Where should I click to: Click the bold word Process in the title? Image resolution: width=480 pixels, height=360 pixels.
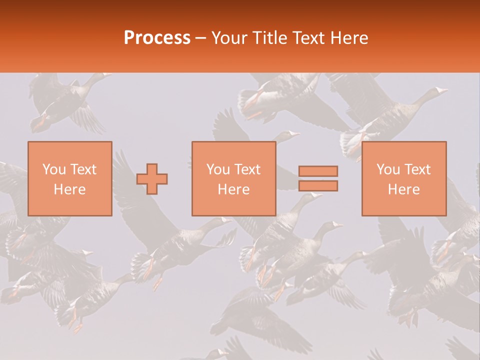click(x=157, y=38)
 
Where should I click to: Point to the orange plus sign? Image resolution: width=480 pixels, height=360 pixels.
click(x=152, y=179)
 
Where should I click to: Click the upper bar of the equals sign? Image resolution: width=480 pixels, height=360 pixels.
click(x=318, y=171)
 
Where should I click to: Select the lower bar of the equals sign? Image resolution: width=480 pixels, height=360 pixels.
click(x=318, y=186)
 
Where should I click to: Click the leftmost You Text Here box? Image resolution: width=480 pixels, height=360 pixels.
click(x=69, y=178)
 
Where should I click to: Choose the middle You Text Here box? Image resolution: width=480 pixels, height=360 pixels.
click(x=233, y=178)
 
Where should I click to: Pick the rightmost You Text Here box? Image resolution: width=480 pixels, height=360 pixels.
click(x=403, y=178)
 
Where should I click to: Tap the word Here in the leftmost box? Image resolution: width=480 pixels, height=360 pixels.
click(x=69, y=189)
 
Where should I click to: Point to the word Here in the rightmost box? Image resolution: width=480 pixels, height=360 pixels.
click(x=403, y=189)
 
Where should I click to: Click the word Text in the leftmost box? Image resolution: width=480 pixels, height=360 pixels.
click(x=82, y=169)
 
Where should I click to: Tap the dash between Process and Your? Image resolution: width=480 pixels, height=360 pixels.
click(x=201, y=38)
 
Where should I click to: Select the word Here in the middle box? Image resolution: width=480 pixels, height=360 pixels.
click(x=233, y=189)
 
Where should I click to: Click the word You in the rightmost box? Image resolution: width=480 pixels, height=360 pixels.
click(x=388, y=169)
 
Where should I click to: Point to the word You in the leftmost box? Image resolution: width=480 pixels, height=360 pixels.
click(x=54, y=169)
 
